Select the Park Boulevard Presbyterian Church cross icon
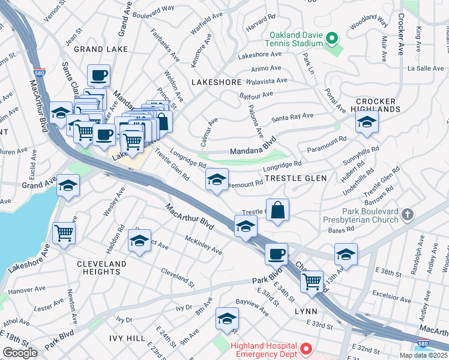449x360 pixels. (x=408, y=214)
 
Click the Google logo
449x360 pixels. (x=20, y=353)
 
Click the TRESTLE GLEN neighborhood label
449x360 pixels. (x=296, y=178)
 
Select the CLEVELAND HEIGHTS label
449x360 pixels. (x=101, y=268)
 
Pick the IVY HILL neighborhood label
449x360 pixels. (x=127, y=338)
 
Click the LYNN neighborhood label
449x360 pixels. (x=306, y=312)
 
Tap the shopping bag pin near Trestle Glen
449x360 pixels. (x=277, y=211)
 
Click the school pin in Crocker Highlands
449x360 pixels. (x=367, y=122)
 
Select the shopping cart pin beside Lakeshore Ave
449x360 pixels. (x=64, y=233)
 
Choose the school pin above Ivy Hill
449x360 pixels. (x=227, y=319)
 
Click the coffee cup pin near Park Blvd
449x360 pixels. (x=276, y=253)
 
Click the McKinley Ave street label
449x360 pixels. (x=203, y=245)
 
